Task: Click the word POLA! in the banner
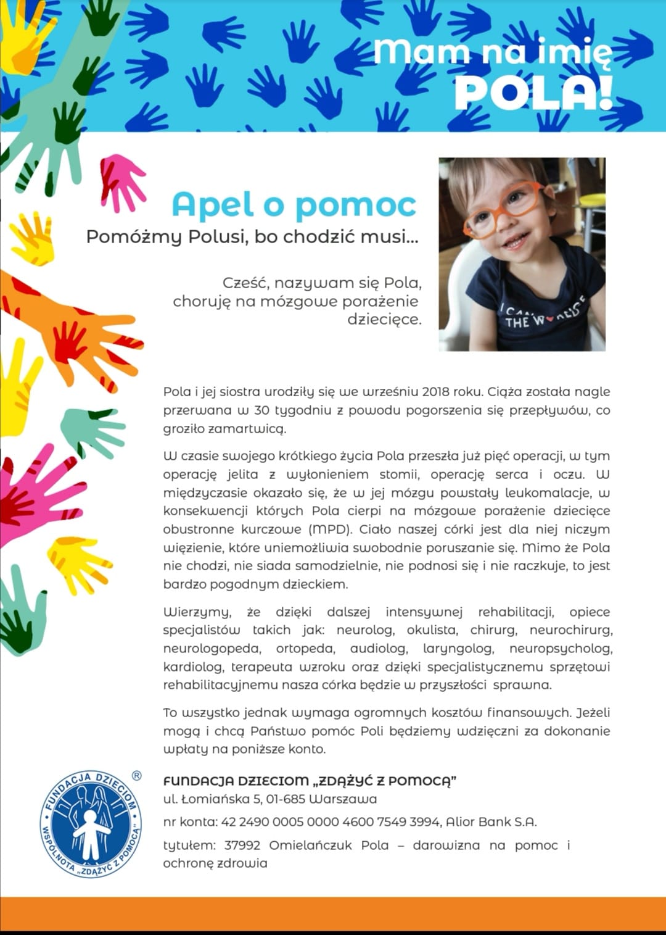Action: click(x=533, y=93)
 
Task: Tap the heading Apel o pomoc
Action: click(x=294, y=205)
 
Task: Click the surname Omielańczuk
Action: click(x=310, y=845)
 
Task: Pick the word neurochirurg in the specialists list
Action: click(x=570, y=630)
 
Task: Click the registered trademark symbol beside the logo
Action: click(x=136, y=776)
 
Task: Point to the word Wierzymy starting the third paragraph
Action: click(x=197, y=612)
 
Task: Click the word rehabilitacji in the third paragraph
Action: click(x=516, y=612)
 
